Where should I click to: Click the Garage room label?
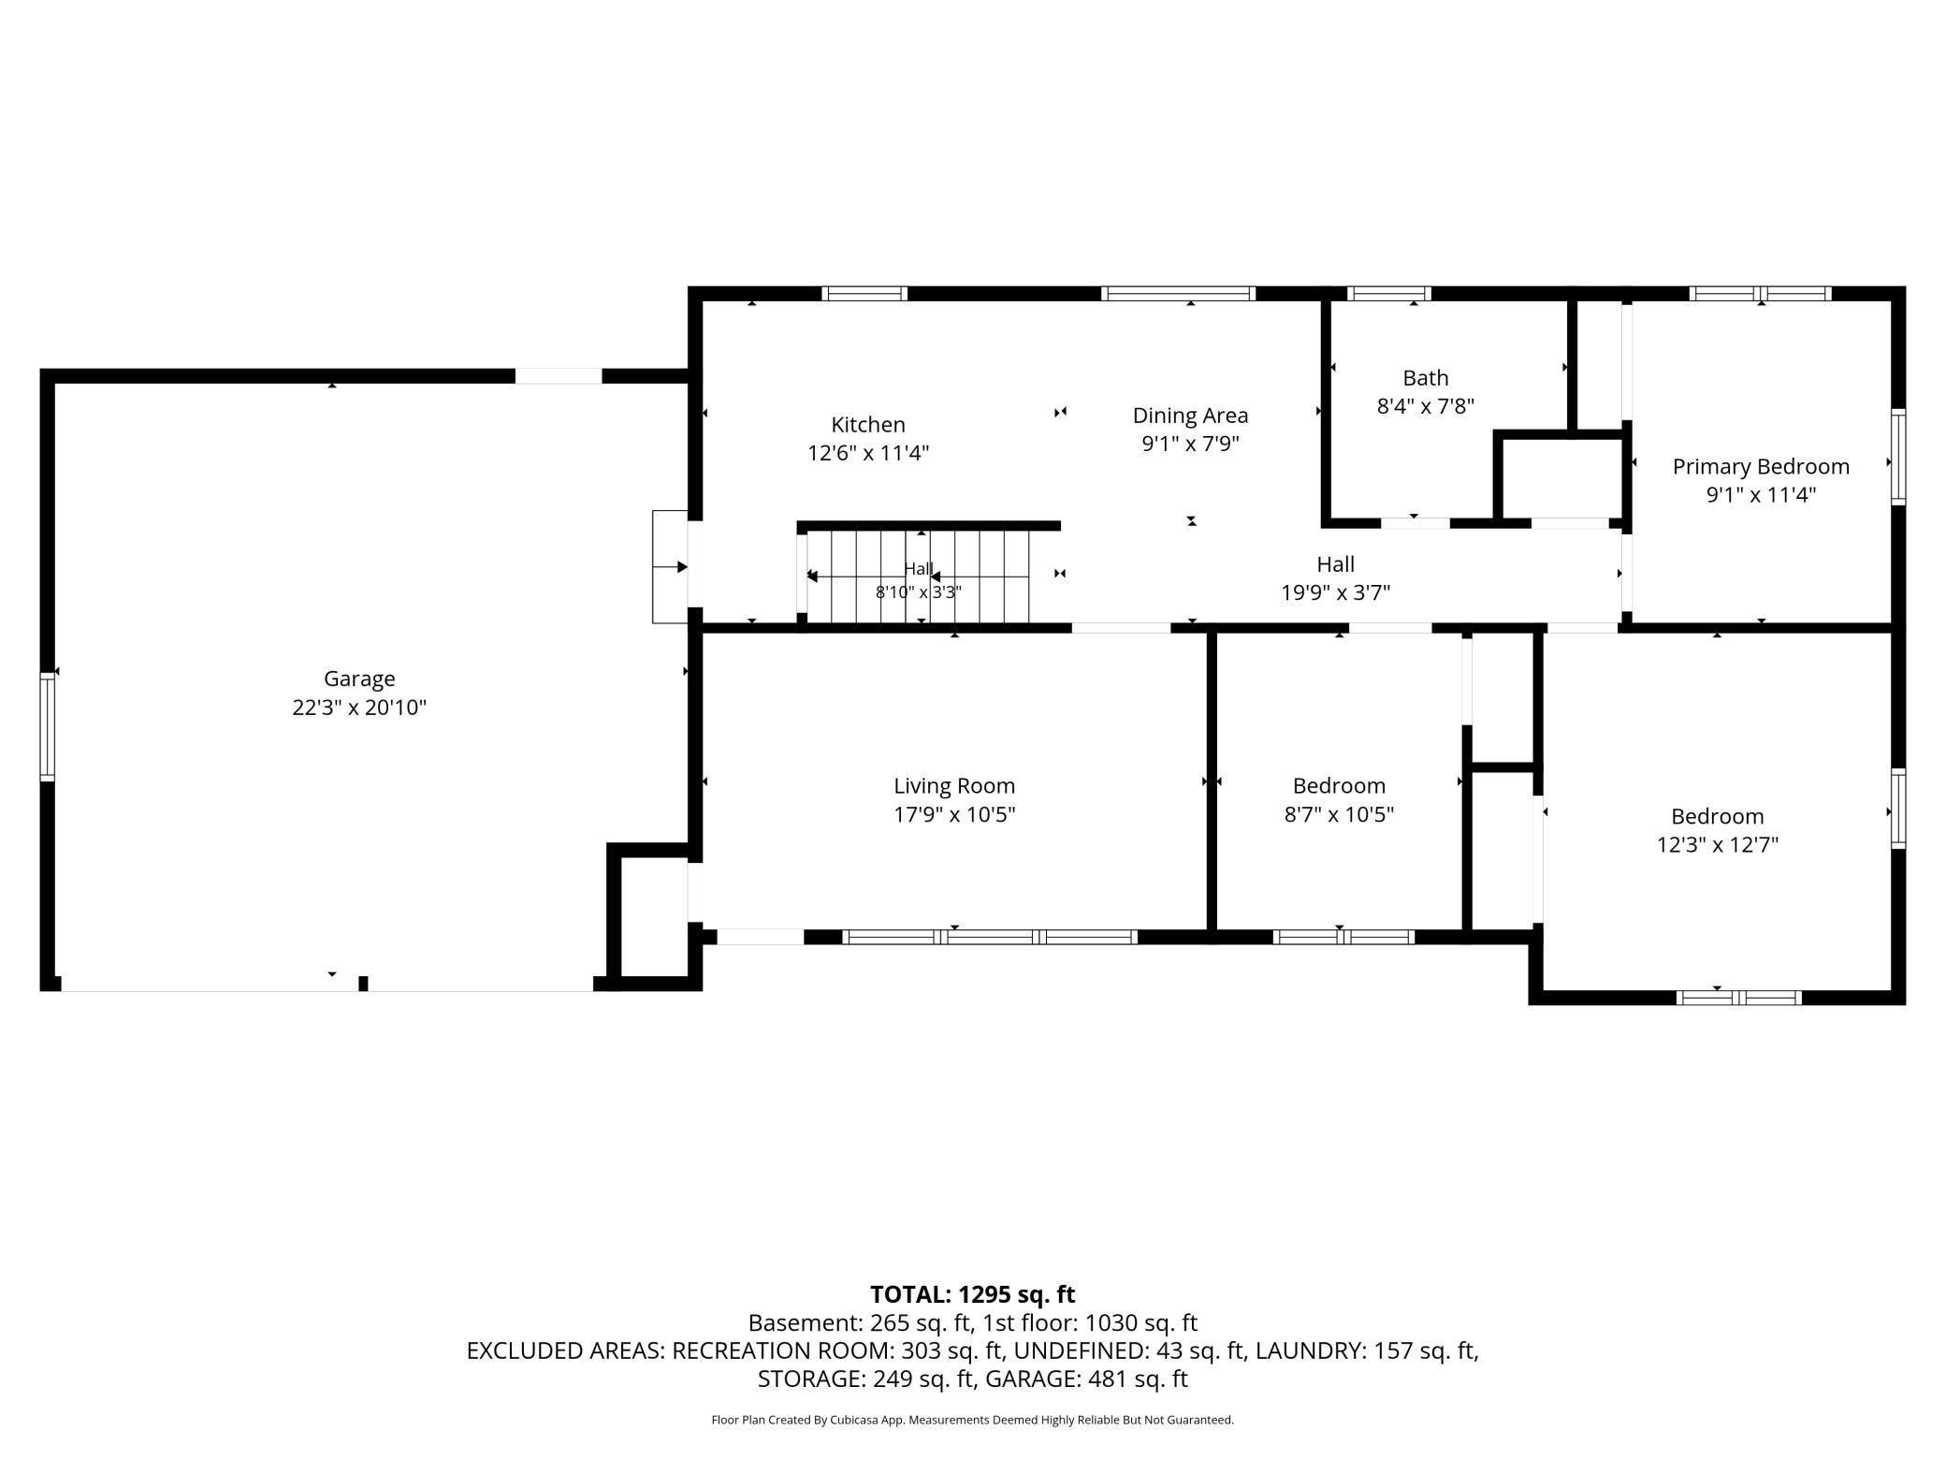pyautogui.click(x=359, y=679)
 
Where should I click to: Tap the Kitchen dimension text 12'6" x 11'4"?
pyautogui.click(x=868, y=453)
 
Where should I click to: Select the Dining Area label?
pyautogui.click(x=1190, y=416)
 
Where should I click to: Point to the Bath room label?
pyautogui.click(x=1426, y=378)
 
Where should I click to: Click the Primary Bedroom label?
pyautogui.click(x=1761, y=467)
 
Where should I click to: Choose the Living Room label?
pyautogui.click(x=954, y=786)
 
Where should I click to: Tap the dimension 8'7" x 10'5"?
pyautogui.click(x=1339, y=814)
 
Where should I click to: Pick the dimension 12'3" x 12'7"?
pyautogui.click(x=1718, y=845)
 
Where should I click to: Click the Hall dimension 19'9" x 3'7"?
pyautogui.click(x=1335, y=592)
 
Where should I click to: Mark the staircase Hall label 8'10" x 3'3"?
pyautogui.click(x=919, y=592)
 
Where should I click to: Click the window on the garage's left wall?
pyautogui.click(x=47, y=726)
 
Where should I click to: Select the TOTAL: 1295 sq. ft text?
pyautogui.click(x=973, y=1294)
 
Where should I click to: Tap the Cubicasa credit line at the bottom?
pyautogui.click(x=973, y=1420)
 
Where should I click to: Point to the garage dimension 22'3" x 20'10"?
pyautogui.click(x=359, y=708)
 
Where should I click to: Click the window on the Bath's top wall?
pyautogui.click(x=1389, y=294)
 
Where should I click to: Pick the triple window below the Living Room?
pyautogui.click(x=990, y=937)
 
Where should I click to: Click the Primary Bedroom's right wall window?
pyautogui.click(x=1898, y=457)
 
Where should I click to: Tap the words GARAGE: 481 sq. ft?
pyautogui.click(x=1089, y=1379)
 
